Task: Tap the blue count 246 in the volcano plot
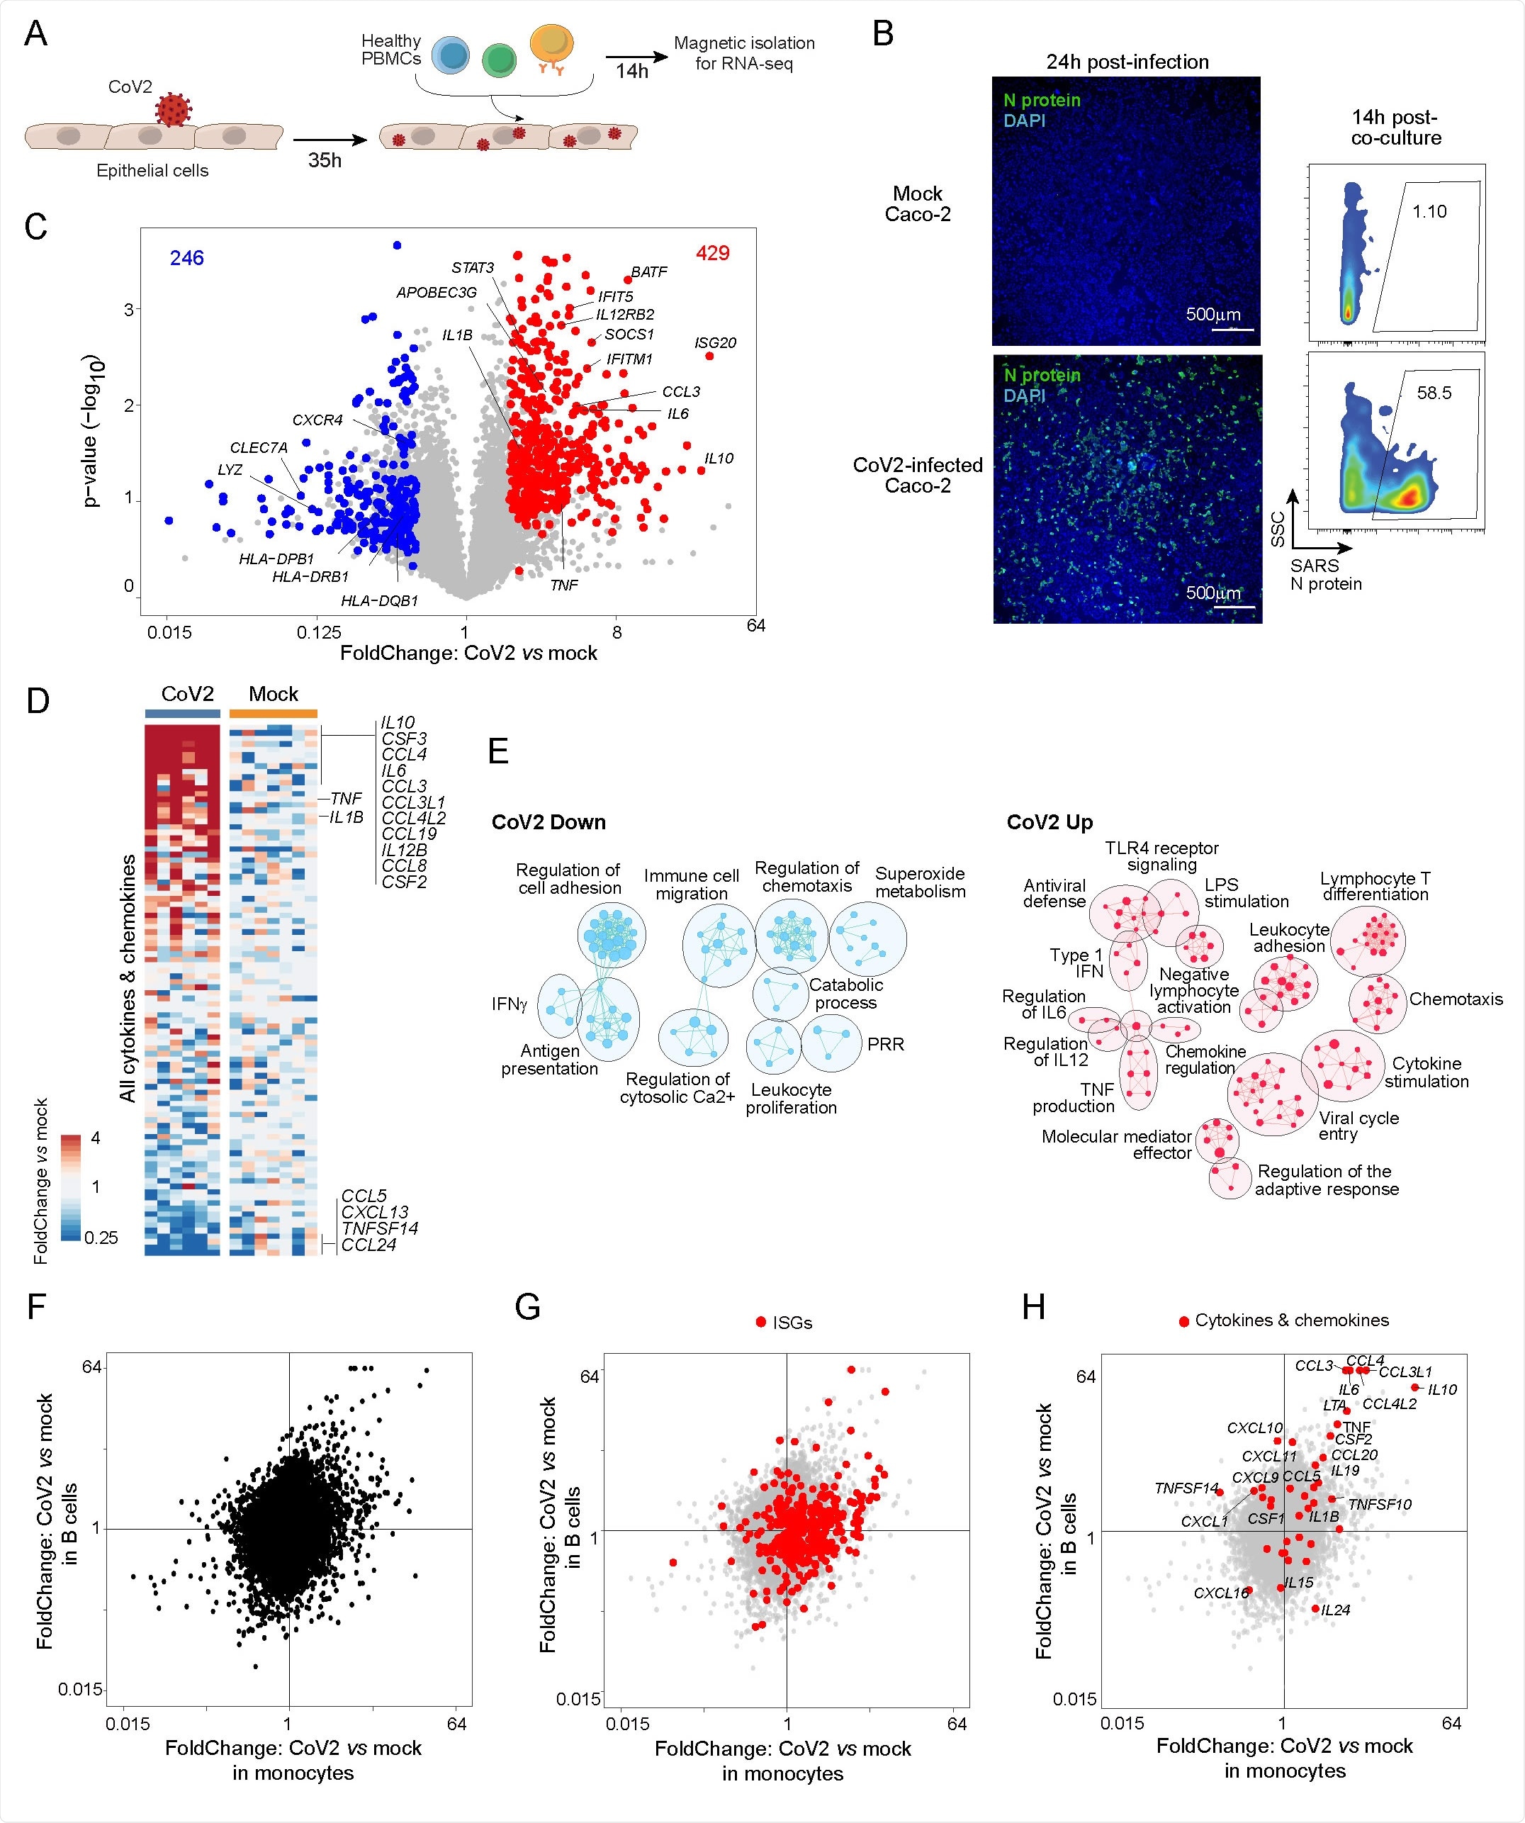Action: (x=186, y=258)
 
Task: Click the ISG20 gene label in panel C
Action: (x=715, y=343)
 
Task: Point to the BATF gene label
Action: (x=648, y=271)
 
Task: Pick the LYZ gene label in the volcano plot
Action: (x=230, y=470)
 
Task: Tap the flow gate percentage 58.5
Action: (x=1434, y=393)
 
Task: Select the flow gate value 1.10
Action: (x=1429, y=211)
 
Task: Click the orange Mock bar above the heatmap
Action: (x=274, y=714)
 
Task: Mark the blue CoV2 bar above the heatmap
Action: (x=182, y=714)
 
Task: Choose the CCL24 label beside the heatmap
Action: (x=369, y=1245)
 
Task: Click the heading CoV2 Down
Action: (x=548, y=822)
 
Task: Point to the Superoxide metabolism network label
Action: (x=920, y=882)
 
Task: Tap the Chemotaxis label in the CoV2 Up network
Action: (x=1456, y=999)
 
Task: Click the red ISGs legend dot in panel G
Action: (x=761, y=1322)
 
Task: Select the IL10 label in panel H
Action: (x=1443, y=1390)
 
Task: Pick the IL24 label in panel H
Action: (x=1336, y=1610)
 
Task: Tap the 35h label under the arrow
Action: (x=325, y=161)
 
